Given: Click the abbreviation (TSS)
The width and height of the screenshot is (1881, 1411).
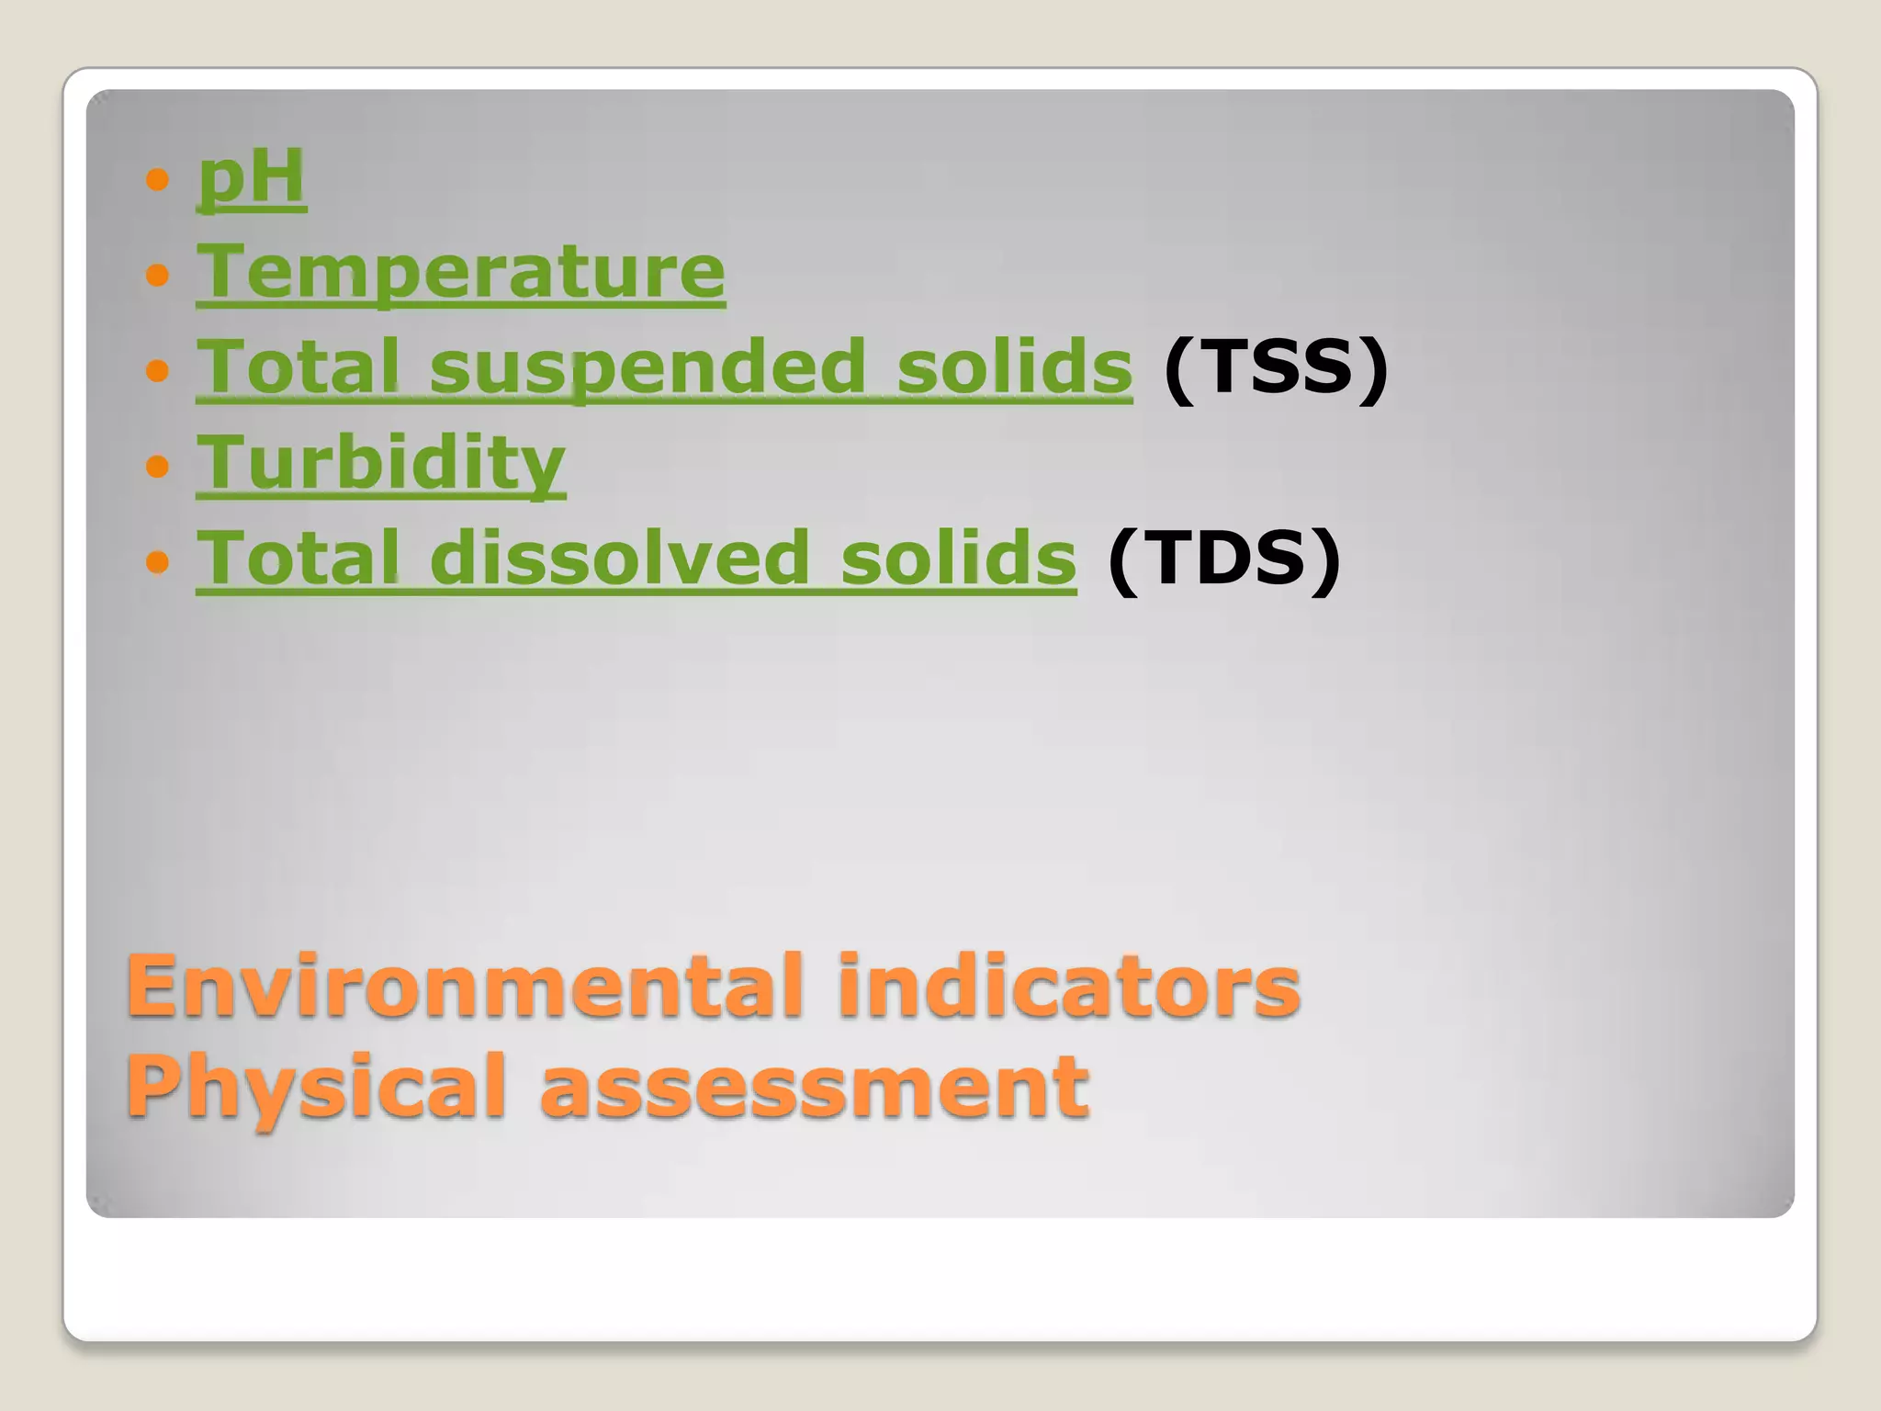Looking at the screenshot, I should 1275,367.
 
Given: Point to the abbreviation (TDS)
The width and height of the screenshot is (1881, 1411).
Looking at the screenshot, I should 1223,559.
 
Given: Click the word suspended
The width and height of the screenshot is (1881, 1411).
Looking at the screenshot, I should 648,367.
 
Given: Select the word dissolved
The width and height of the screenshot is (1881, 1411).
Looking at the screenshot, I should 620,559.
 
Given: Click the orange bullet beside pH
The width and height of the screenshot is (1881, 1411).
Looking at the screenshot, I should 158,178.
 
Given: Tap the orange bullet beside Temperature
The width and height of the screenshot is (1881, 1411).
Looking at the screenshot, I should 158,274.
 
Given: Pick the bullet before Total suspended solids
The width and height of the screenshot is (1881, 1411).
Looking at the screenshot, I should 158,369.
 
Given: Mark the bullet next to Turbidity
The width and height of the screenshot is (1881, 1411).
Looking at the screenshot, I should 158,465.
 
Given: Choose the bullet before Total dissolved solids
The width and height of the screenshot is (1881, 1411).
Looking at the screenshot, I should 158,560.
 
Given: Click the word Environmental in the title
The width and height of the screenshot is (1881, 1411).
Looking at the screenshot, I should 465,987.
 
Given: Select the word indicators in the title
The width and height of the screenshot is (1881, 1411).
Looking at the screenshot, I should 1068,987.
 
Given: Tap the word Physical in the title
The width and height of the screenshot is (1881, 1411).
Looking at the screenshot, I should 316,1088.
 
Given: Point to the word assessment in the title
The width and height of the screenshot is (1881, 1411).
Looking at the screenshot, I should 814,1088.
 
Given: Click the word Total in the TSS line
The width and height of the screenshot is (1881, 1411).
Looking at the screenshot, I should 298,367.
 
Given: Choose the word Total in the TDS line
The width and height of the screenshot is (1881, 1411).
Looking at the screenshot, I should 298,559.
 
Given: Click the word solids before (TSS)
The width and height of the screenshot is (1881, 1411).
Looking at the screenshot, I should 1014,367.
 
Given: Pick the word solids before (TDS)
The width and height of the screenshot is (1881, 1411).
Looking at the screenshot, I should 958,559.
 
